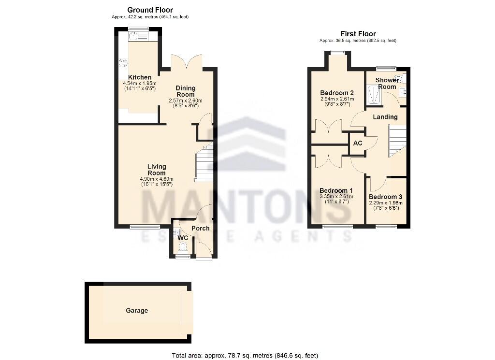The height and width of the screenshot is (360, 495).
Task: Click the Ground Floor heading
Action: (150, 10)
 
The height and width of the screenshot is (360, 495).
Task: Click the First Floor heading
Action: (358, 34)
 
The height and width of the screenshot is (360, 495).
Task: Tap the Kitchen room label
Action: (139, 77)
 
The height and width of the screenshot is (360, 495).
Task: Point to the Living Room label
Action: (156, 170)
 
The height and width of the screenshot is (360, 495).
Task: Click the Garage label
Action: (137, 311)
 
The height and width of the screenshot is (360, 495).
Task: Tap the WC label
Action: (182, 238)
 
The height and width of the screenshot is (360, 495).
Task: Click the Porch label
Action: (201, 228)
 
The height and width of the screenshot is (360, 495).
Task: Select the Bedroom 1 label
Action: (336, 190)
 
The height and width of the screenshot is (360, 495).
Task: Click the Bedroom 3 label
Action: (385, 197)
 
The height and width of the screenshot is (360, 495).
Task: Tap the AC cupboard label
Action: (358, 144)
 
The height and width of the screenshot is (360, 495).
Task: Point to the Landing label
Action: (385, 117)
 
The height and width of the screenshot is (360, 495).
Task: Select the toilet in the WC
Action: (182, 247)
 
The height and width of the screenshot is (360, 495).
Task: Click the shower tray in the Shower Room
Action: (373, 95)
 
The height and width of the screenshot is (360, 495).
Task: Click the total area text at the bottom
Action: (245, 355)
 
